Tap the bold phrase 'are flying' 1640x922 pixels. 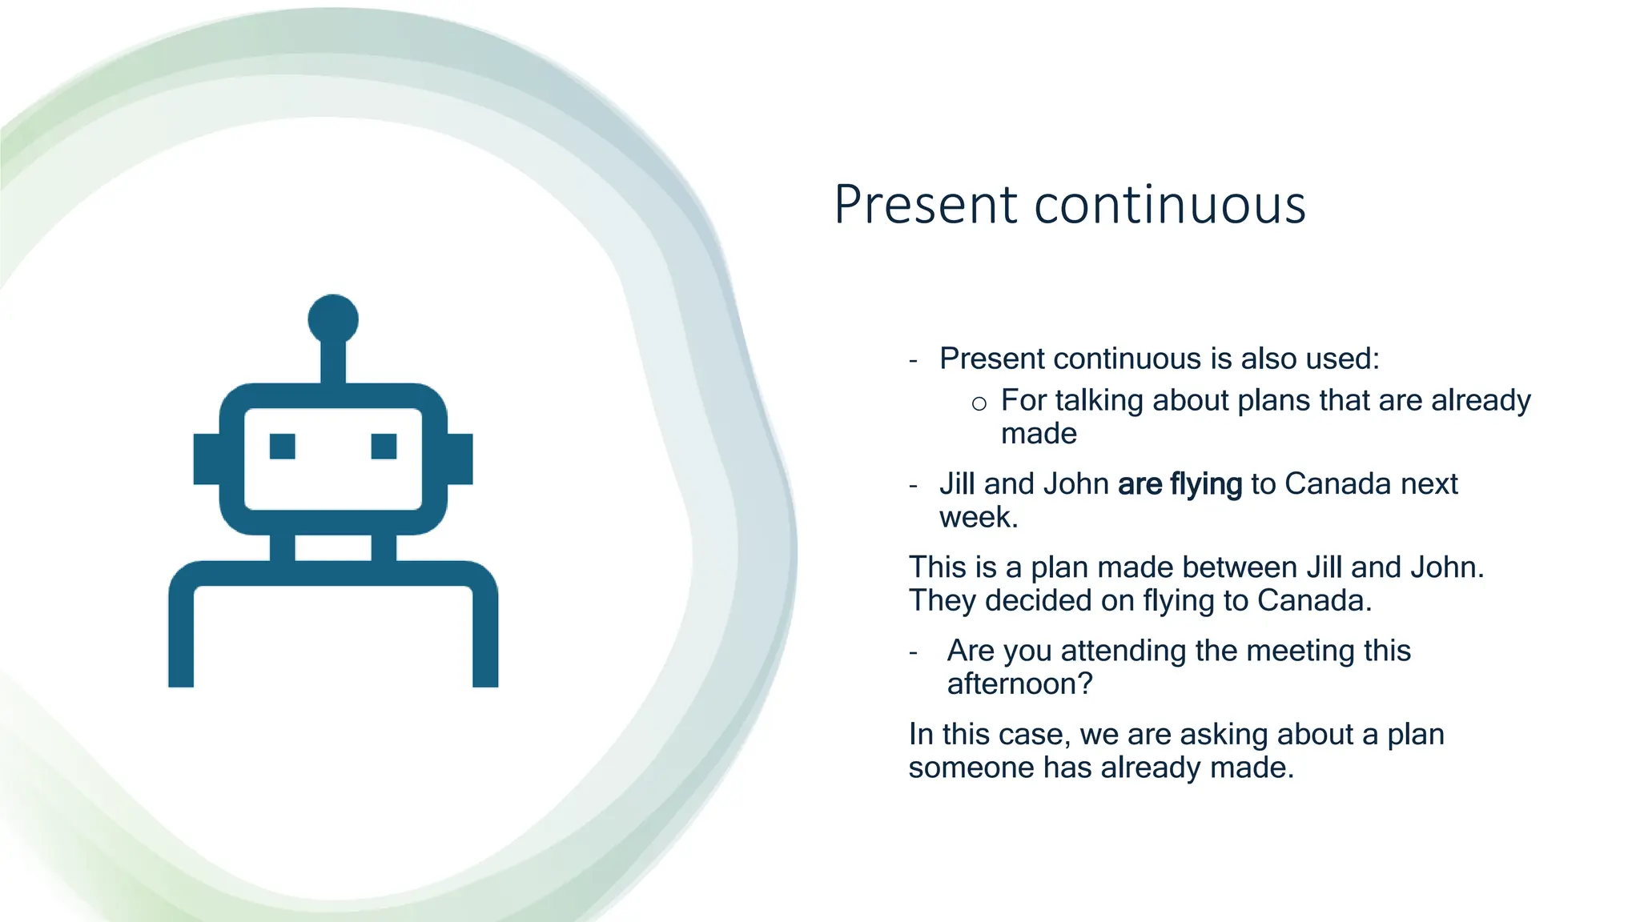(1180, 484)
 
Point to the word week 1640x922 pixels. (978, 518)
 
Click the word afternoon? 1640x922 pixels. (1019, 684)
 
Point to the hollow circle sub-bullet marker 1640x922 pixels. (979, 403)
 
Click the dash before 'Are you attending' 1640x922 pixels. (914, 652)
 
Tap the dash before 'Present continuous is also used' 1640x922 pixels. (914, 360)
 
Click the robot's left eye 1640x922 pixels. (283, 446)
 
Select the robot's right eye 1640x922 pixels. (384, 446)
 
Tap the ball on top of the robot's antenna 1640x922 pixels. (333, 319)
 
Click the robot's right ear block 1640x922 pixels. (460, 459)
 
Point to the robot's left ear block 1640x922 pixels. (207, 459)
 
